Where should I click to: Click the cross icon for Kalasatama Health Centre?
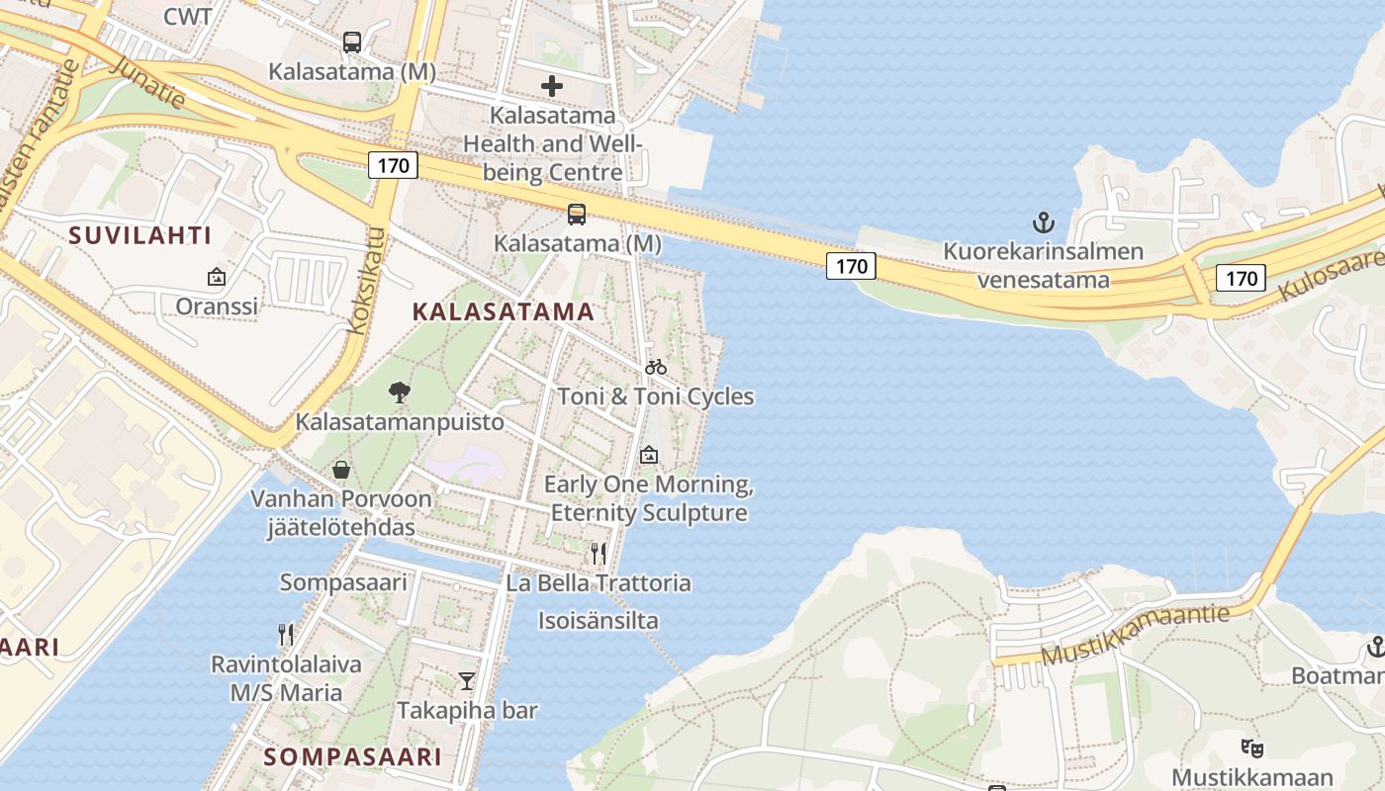tap(552, 86)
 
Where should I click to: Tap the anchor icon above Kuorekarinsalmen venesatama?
tap(1043, 221)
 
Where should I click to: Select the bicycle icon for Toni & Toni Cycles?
tap(655, 367)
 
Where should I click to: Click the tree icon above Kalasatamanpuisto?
tap(400, 393)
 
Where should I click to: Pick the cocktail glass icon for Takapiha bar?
tap(467, 680)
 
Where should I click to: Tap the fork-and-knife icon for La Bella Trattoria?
tap(598, 553)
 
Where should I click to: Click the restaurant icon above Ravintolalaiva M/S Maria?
tap(286, 634)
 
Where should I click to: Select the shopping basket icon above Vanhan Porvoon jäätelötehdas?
tap(341, 469)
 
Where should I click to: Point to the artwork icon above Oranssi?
tap(217, 277)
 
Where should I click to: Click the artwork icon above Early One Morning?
tap(649, 455)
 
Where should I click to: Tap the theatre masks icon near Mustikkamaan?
tap(1252, 747)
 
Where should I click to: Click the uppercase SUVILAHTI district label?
tap(140, 235)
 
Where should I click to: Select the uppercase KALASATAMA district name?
tap(503, 311)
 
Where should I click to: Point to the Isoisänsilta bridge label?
tap(598, 621)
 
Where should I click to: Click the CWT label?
tap(187, 16)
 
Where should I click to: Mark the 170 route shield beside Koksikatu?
tap(393, 165)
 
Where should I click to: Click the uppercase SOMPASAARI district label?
tap(353, 757)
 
